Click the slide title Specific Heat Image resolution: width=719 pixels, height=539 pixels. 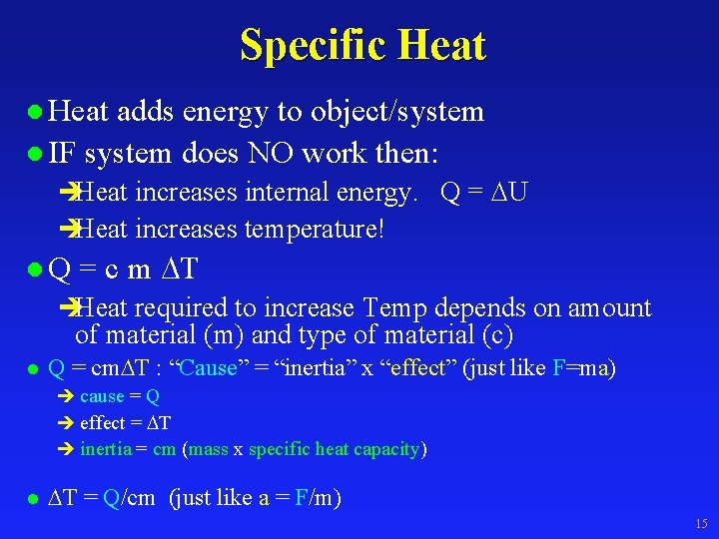pos(361,46)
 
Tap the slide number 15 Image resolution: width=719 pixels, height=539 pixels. pos(700,524)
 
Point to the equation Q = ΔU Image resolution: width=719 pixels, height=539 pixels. pos(483,193)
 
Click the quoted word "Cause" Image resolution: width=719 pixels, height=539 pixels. pos(208,368)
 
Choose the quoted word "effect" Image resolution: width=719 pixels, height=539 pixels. pos(418,368)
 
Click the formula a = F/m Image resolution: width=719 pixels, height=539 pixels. pos(296,497)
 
